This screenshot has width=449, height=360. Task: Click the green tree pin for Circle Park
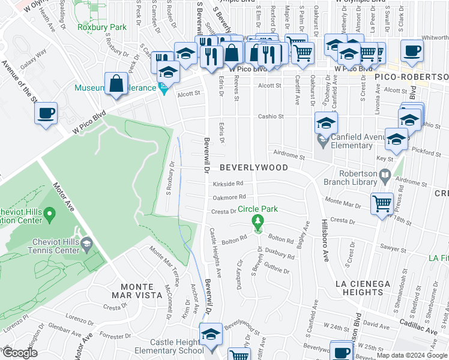click(258, 222)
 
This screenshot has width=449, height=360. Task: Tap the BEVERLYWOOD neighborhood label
click(253, 167)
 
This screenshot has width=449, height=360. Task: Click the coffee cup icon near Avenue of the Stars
click(46, 113)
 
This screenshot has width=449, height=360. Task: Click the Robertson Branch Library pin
click(385, 176)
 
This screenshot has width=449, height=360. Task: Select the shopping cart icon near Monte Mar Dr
click(382, 205)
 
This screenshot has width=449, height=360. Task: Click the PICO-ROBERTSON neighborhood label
click(412, 77)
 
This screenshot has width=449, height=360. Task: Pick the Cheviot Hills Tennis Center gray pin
click(86, 243)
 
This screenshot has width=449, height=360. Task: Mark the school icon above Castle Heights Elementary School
click(211, 334)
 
